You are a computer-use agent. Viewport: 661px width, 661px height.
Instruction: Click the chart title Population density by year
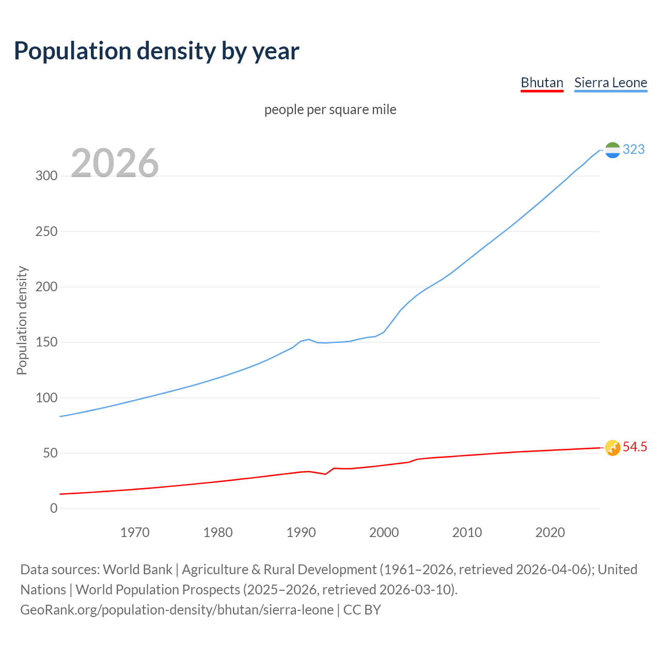(156, 51)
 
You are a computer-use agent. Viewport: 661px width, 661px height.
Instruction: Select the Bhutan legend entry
(542, 83)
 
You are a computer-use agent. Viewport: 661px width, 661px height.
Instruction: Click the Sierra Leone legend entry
(610, 83)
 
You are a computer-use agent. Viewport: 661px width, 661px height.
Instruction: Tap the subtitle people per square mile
(330, 109)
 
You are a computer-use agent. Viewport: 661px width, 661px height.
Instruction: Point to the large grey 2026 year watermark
(115, 163)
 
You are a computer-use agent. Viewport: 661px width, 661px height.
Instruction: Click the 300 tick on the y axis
(46, 176)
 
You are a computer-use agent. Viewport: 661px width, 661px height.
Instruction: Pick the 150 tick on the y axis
(46, 342)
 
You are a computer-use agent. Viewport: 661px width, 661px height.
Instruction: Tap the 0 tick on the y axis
(54, 509)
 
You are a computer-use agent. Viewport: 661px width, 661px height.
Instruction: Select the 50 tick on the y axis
(50, 453)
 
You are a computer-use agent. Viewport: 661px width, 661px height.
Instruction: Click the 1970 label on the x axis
(135, 532)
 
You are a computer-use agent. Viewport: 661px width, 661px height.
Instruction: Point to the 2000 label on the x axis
(384, 532)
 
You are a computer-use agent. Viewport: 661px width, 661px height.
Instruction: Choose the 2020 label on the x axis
(550, 532)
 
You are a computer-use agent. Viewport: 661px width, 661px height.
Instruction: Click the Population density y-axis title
(22, 320)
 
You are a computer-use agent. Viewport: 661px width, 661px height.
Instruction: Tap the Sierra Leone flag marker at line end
(612, 150)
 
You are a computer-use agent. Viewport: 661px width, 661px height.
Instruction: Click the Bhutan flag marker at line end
(612, 448)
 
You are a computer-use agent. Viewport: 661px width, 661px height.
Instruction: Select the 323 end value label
(634, 149)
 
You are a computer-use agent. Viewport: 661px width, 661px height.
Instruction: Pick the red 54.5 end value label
(635, 447)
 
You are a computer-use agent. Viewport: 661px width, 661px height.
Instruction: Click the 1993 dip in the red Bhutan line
(325, 474)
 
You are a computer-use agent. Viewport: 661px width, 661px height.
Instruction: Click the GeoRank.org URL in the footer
(177, 610)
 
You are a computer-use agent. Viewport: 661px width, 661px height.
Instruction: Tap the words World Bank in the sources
(137, 570)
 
